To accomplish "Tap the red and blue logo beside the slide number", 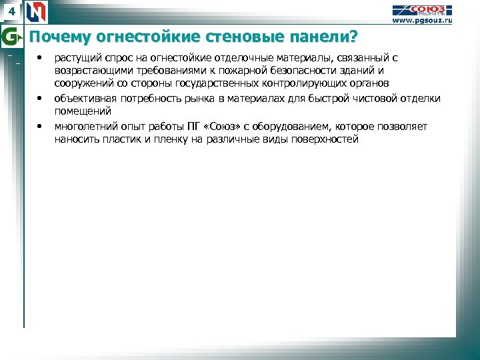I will tap(38, 12).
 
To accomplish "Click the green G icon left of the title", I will tap(10, 35).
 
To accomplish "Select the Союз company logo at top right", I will tap(421, 9).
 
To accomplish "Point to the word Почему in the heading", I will tap(57, 35).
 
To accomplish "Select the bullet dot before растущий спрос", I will tap(40, 59).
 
